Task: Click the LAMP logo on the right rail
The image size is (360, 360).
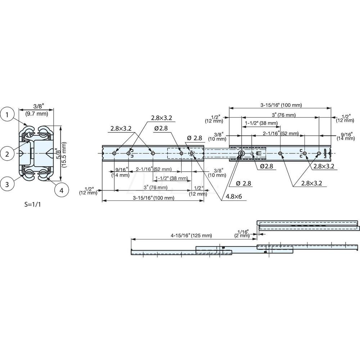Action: click(326, 153)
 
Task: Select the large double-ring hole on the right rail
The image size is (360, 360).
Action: click(241, 153)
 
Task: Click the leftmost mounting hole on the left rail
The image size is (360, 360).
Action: click(114, 153)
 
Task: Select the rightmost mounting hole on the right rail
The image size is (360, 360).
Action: click(319, 153)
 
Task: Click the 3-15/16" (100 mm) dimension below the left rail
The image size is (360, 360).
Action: click(153, 198)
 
